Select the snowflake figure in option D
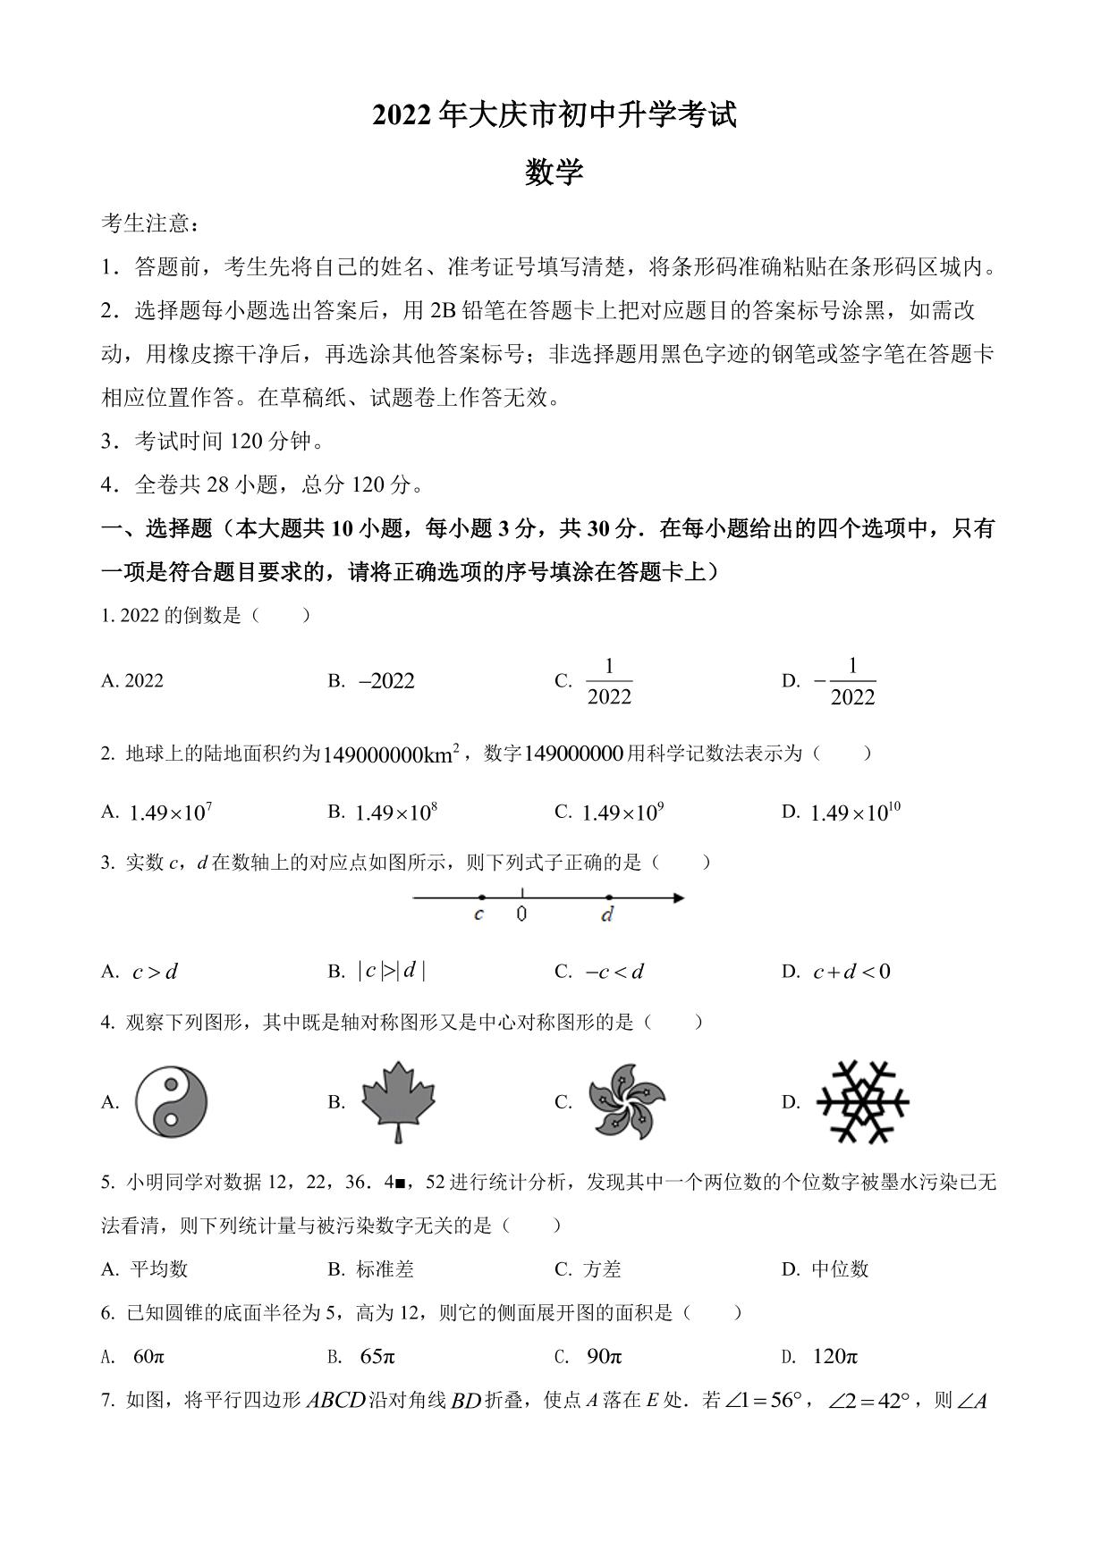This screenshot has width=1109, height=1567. point(863,1101)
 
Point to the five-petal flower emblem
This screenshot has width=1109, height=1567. point(627,1101)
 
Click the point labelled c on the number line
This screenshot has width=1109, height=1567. point(482,897)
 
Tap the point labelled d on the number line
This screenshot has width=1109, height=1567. point(609,897)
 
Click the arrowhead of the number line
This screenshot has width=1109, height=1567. point(678,897)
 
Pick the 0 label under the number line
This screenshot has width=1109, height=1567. point(521,914)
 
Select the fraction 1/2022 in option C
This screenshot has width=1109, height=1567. point(609,681)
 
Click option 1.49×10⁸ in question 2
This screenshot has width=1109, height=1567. point(395,812)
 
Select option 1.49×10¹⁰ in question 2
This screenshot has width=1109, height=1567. point(854,812)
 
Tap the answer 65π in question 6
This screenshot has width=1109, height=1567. point(377,1356)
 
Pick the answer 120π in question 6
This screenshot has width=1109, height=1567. point(834,1356)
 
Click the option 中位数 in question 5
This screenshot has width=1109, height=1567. point(840,1268)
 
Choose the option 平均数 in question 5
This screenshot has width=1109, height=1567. point(159,1268)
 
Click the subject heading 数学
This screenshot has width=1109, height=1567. point(554,172)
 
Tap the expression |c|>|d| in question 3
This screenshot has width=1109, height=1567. point(391,971)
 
